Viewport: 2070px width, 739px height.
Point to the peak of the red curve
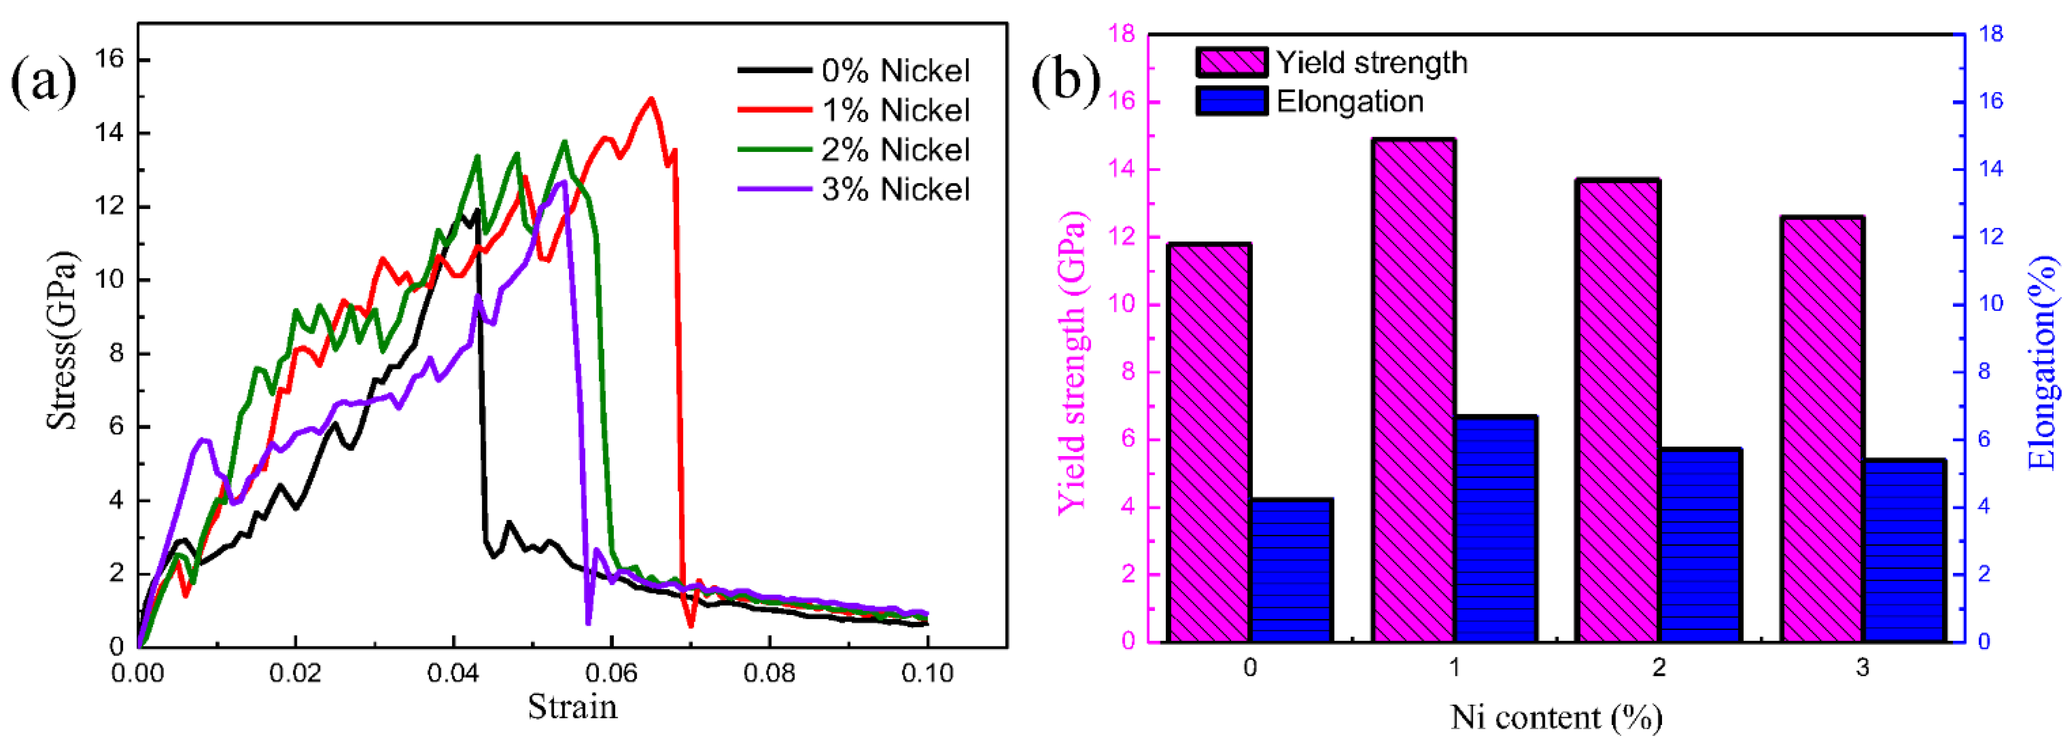click(651, 99)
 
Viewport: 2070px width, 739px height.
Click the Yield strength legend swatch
click(1231, 62)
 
